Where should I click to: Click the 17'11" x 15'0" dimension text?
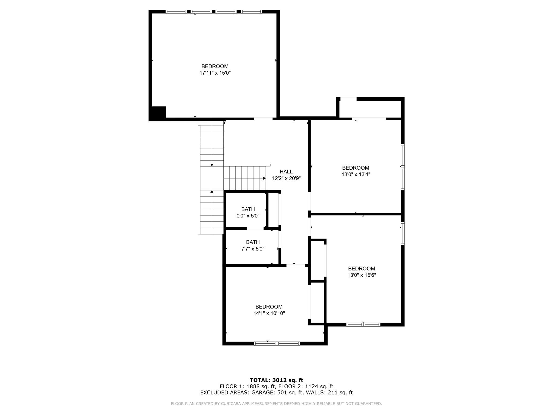(215, 73)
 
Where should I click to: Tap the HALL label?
(286, 172)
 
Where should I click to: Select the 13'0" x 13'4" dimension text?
(356, 175)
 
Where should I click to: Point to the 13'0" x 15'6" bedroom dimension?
(362, 275)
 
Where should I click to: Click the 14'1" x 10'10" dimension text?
(269, 313)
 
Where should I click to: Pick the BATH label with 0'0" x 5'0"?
(248, 209)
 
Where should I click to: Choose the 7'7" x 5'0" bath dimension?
(253, 249)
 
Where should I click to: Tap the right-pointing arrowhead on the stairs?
(264, 178)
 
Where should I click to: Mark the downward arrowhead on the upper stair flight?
(212, 165)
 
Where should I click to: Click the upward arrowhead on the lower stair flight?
(212, 192)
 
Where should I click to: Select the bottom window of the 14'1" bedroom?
(277, 343)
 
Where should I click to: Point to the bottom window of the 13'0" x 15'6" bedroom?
(363, 324)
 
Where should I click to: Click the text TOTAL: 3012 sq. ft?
(276, 380)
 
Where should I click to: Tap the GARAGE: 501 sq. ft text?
(277, 393)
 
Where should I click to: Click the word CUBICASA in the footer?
(231, 404)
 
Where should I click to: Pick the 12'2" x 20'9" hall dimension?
(286, 178)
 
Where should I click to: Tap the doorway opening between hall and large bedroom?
(263, 119)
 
